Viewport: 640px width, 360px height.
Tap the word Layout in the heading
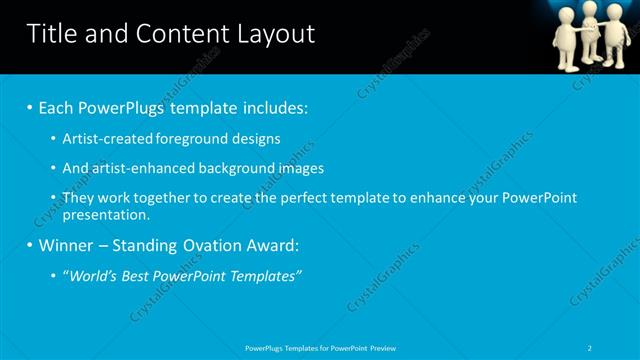point(273,34)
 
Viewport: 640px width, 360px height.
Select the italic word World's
point(94,276)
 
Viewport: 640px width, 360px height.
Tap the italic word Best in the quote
point(142,276)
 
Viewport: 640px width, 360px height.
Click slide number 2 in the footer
point(591,348)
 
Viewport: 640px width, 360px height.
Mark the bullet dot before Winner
point(30,246)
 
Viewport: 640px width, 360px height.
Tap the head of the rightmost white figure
point(615,11)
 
